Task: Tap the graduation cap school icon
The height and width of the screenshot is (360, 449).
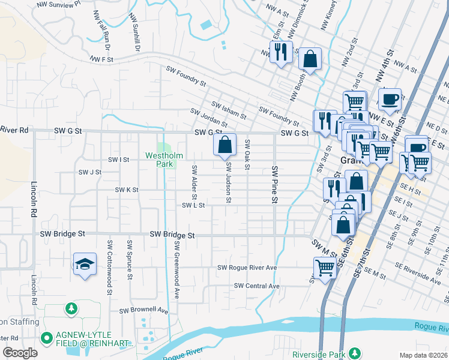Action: pyautogui.click(x=85, y=264)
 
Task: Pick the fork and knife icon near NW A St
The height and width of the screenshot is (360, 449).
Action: pyautogui.click(x=280, y=52)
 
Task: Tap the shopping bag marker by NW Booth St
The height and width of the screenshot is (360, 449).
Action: pyautogui.click(x=310, y=59)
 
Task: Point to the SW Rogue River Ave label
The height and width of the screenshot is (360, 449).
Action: pyautogui.click(x=247, y=268)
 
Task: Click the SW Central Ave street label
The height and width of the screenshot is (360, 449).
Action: pyautogui.click(x=257, y=286)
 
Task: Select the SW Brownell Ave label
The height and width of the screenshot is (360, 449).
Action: pyautogui.click(x=143, y=311)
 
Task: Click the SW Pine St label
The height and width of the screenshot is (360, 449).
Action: pyautogui.click(x=275, y=176)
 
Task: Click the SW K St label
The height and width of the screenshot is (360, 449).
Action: pyautogui.click(x=127, y=190)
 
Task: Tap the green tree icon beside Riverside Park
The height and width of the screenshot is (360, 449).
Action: pyautogui.click(x=355, y=352)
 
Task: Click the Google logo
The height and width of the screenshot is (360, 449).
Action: pyautogui.click(x=20, y=353)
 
